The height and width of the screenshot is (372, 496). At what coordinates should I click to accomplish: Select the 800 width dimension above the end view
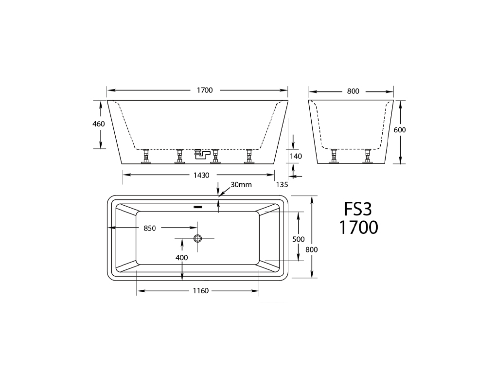point(353,91)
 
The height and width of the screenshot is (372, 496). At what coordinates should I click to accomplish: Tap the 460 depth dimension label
point(99,124)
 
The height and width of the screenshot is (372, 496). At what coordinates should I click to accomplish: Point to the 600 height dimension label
point(400,130)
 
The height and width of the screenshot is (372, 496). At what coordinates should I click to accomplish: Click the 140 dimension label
point(296,156)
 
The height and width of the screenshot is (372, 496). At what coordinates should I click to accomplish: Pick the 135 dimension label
point(282,184)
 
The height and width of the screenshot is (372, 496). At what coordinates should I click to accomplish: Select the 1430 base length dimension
point(198,174)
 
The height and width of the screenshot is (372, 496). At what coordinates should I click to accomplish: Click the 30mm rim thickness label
point(241,185)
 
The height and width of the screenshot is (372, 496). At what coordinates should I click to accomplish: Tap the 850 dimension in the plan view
point(149,228)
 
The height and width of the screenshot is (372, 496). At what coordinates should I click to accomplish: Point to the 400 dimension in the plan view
point(182,257)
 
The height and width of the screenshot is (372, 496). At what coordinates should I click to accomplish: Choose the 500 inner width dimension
point(299,239)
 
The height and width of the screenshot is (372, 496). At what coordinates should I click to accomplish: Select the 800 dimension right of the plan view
point(311,249)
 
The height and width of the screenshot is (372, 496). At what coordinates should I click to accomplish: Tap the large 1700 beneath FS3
point(358,228)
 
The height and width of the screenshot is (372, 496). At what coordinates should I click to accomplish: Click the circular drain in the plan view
point(198,238)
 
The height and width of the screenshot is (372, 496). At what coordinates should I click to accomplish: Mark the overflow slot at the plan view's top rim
point(198,207)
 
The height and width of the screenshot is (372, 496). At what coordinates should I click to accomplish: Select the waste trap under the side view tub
point(200,155)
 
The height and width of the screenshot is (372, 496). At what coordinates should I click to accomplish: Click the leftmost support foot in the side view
point(146,157)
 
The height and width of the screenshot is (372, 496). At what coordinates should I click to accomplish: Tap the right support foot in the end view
point(367,157)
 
